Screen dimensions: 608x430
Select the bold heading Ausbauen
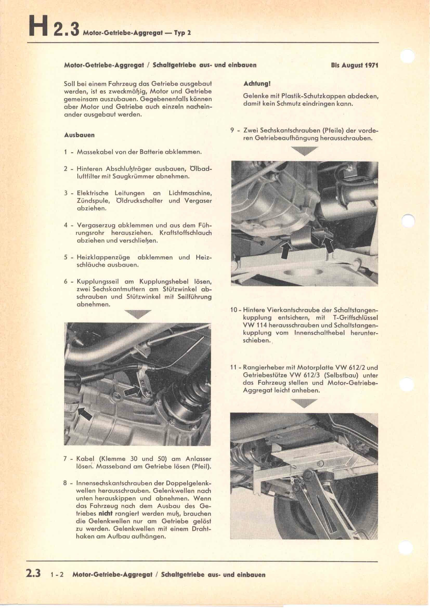click(x=80, y=135)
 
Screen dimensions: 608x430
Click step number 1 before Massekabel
click(x=66, y=153)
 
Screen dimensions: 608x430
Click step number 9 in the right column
click(x=232, y=131)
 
